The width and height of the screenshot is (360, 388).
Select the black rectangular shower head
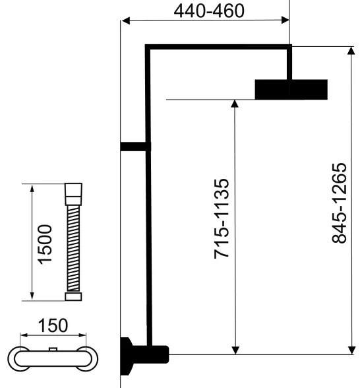pyautogui.click(x=291, y=89)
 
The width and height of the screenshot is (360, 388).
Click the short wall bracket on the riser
pyautogui.click(x=133, y=147)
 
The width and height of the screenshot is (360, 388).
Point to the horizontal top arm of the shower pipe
pyautogui.click(x=218, y=47)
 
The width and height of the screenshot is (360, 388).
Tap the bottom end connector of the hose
pyautogui.click(x=73, y=296)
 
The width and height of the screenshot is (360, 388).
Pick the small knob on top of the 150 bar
pyautogui.click(x=53, y=348)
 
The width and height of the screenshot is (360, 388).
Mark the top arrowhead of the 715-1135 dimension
pyautogui.click(x=235, y=104)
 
